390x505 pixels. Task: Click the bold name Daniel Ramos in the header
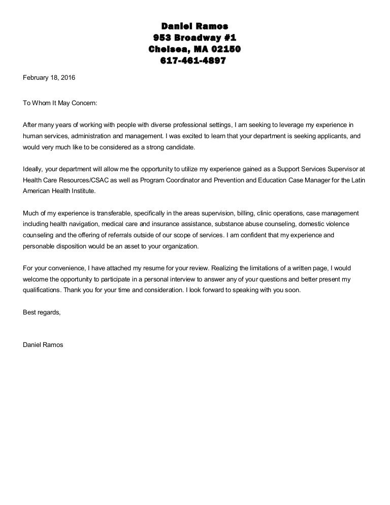click(x=194, y=26)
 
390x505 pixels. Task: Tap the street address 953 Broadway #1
click(x=194, y=38)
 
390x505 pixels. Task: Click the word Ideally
click(x=34, y=169)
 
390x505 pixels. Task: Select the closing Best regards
click(x=42, y=312)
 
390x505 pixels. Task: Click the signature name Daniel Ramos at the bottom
click(x=44, y=344)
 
